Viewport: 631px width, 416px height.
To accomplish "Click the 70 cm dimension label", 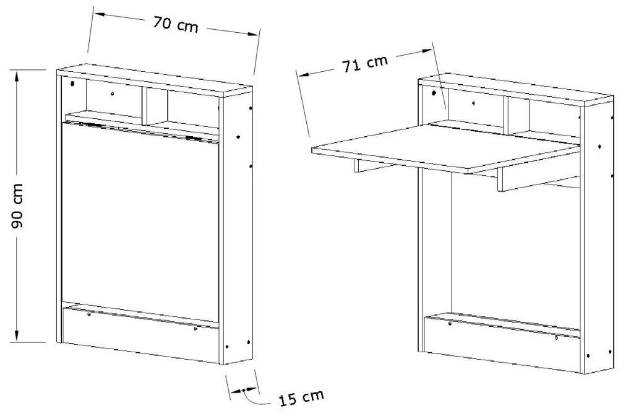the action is click(176, 25).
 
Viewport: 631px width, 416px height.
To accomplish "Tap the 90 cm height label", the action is click(17, 206).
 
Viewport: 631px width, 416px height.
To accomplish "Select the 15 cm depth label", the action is click(301, 397).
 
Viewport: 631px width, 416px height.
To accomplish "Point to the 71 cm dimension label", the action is click(365, 64).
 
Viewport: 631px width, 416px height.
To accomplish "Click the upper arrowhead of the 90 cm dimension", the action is click(17, 75).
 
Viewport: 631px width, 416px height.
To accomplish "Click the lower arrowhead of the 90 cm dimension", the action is click(17, 337).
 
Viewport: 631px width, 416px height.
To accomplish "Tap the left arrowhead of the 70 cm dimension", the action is click(100, 14).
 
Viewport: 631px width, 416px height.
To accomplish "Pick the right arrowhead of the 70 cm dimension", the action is click(252, 34).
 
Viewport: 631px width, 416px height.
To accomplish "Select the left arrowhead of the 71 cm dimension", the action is click(303, 74).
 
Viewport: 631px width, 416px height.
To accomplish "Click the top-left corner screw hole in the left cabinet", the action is click(73, 84).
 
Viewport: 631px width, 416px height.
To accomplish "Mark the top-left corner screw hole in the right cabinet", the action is click(434, 93).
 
